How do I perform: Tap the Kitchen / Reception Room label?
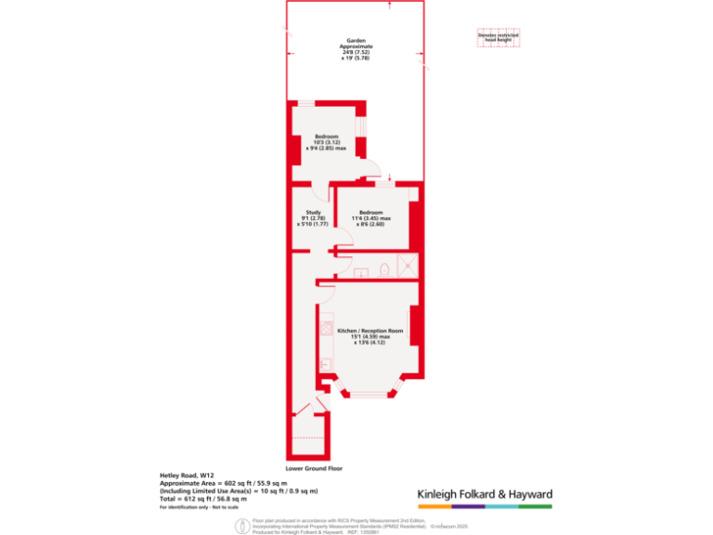369,331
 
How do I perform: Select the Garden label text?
356,41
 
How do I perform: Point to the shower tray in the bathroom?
406,267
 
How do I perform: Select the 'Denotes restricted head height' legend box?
499,37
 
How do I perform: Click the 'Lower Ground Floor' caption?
316,468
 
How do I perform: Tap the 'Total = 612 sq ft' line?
203,499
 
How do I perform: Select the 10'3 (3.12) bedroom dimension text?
327,141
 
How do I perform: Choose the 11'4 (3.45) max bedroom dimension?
373,218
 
